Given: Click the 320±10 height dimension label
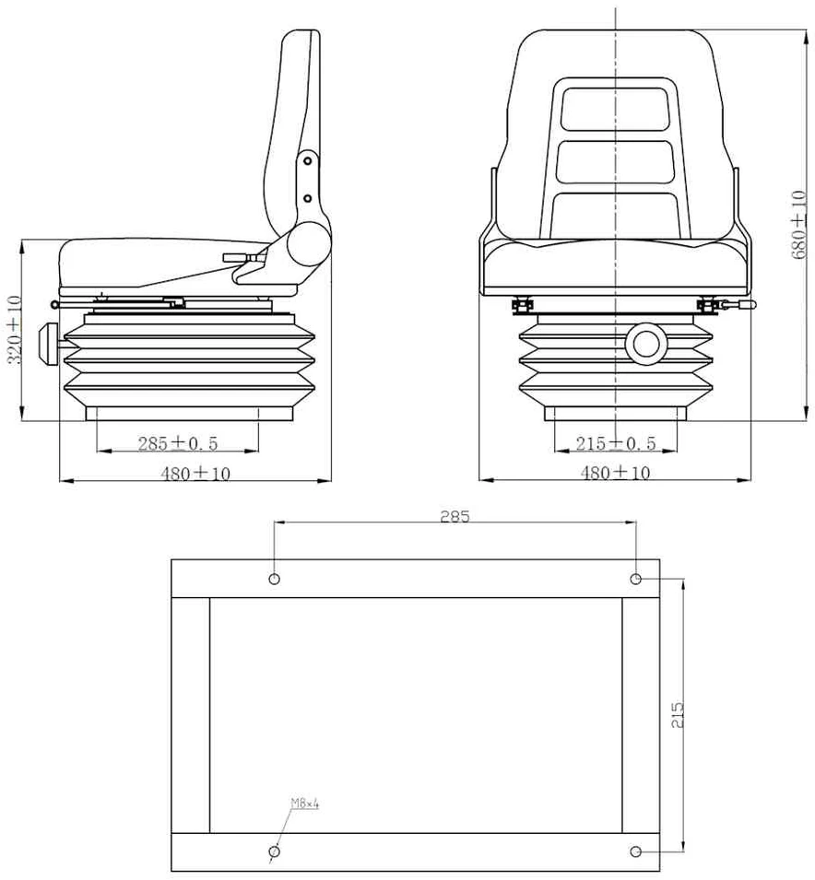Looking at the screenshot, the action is tap(15, 330).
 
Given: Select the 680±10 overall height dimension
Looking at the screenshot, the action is tap(799, 225).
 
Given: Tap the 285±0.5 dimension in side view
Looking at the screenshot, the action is tap(178, 443).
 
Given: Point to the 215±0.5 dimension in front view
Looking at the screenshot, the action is tap(616, 443).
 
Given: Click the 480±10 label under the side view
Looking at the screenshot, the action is tap(195, 474).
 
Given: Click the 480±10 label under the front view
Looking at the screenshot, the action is tap(615, 473).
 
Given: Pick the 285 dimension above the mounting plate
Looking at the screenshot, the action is tap(455, 516).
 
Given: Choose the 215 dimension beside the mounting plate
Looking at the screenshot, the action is tap(678, 715).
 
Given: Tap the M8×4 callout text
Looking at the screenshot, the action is tap(304, 804).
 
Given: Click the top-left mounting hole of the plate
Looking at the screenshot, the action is tap(274, 579).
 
